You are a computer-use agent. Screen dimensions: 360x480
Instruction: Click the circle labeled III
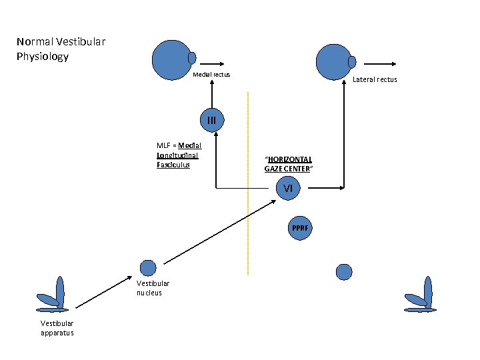coord(212,120)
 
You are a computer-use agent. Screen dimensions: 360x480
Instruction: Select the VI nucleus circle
coord(288,189)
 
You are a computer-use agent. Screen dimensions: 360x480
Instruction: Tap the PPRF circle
coord(297,228)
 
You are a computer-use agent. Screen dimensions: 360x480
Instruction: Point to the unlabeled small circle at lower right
coord(344,271)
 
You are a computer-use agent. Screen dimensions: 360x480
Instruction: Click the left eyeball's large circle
coord(171,59)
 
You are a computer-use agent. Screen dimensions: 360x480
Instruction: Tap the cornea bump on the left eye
coord(192,58)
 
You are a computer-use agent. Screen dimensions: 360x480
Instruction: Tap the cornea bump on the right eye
coord(352,61)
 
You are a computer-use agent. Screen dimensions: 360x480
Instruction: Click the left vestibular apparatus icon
coord(54,297)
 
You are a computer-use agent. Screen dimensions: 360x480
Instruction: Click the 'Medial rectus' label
coord(211,74)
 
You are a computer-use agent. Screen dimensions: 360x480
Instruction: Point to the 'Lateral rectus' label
coord(375,79)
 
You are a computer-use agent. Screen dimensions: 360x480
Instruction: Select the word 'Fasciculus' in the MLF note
coord(173,164)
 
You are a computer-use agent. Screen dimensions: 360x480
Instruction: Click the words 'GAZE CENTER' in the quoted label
coord(288,169)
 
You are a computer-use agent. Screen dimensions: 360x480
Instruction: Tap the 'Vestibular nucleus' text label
coord(153,288)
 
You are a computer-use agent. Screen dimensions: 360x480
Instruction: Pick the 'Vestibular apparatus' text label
coord(57,329)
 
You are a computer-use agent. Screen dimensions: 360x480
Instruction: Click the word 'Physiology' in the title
coord(43,57)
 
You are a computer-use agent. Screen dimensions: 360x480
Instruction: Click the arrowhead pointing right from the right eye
coord(394,63)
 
